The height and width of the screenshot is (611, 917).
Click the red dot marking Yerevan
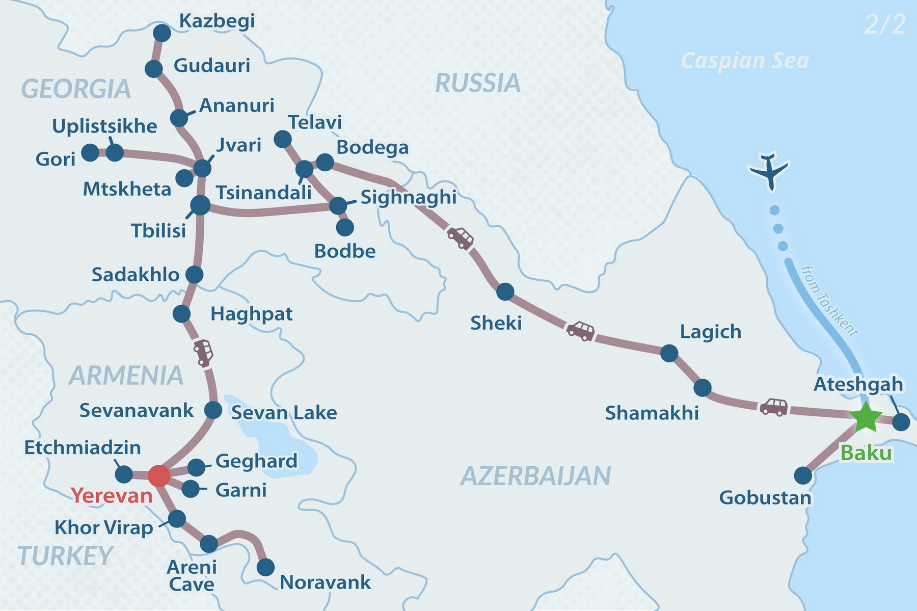(158, 475)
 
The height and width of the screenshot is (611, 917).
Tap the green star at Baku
(866, 417)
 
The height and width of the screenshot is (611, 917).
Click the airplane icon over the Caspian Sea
(769, 170)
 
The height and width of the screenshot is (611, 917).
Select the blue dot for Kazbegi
(162, 33)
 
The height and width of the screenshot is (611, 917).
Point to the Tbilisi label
(158, 230)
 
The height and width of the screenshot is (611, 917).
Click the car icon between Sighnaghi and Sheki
(460, 237)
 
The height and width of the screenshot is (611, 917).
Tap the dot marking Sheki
(505, 291)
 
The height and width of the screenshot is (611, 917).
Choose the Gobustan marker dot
(803, 475)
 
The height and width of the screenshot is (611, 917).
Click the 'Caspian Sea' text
(744, 61)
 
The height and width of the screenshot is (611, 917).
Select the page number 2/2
(885, 24)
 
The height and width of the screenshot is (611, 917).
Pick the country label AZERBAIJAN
(535, 476)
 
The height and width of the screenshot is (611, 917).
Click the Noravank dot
(265, 567)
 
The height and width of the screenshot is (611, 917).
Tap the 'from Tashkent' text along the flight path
(829, 301)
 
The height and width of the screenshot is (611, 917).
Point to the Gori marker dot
(90, 152)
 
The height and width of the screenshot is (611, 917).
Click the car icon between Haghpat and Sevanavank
(203, 353)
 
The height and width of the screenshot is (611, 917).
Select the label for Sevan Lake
(284, 412)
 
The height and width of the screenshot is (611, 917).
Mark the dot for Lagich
(669, 353)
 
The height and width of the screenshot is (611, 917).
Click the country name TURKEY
(65, 555)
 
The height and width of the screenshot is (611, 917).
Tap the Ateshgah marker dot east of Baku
(901, 422)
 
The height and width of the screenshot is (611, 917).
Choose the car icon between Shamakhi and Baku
(774, 407)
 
